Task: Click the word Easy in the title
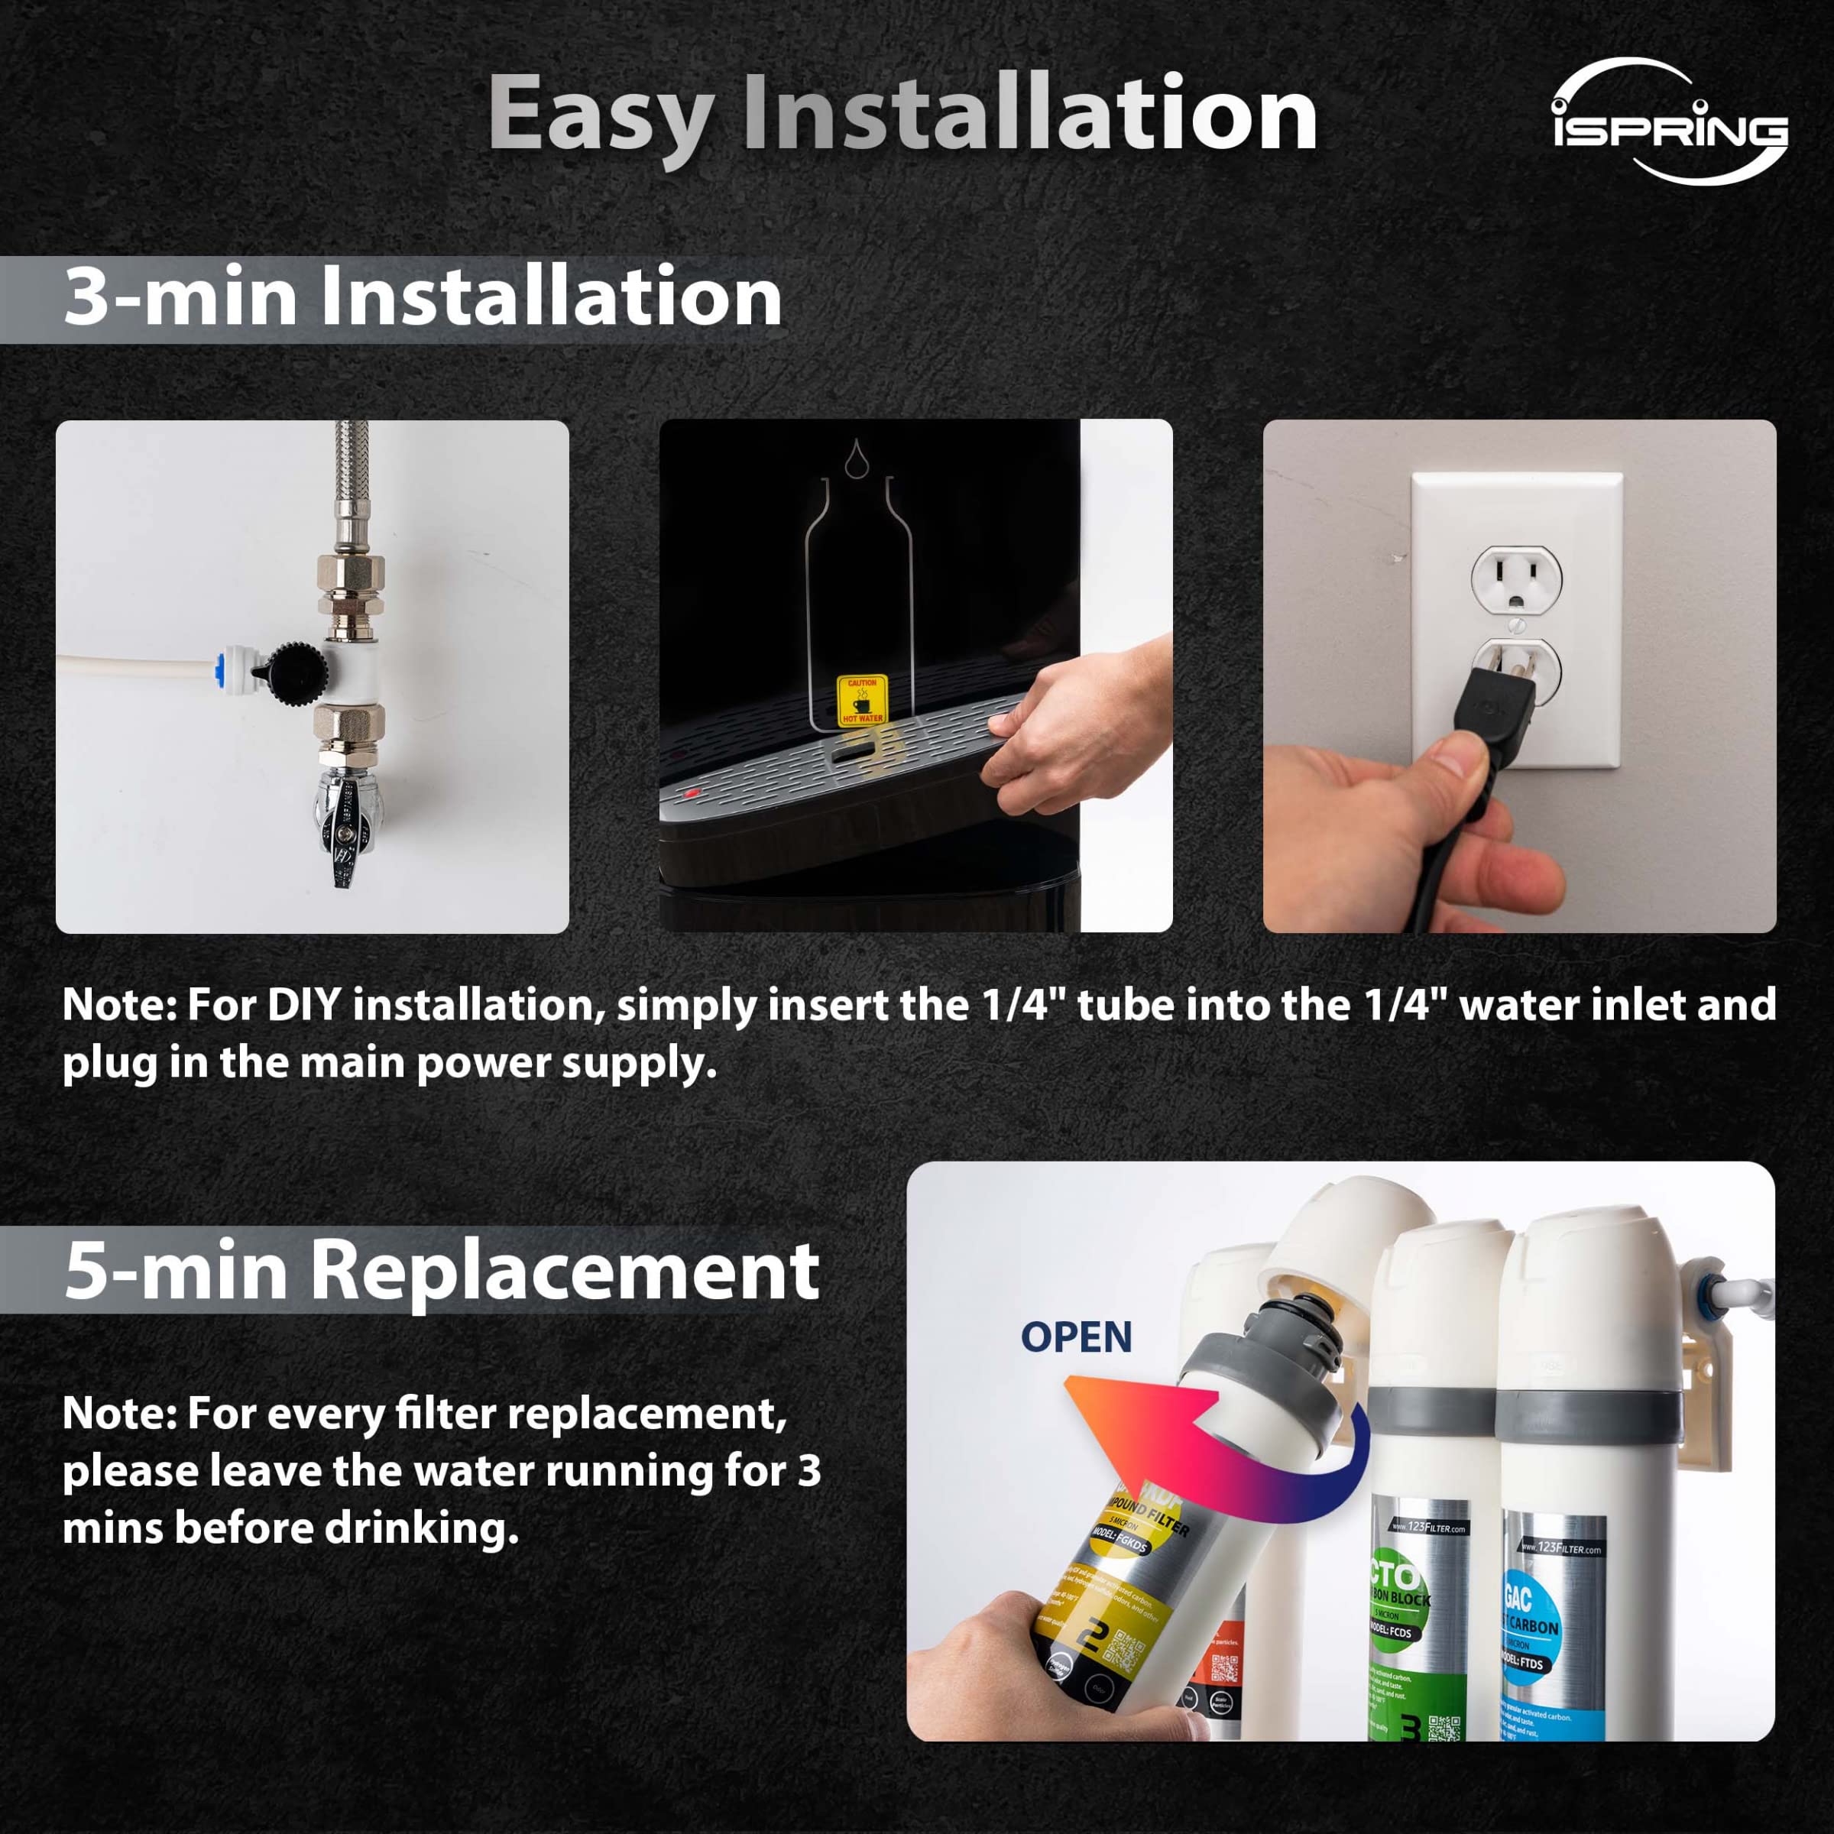tap(600, 114)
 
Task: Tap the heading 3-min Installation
tap(423, 297)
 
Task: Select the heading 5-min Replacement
tap(442, 1270)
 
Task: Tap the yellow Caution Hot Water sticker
tap(861, 701)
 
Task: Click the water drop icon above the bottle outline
tap(857, 457)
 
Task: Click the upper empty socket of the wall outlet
tap(1516, 578)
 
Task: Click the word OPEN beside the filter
tap(1075, 1337)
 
